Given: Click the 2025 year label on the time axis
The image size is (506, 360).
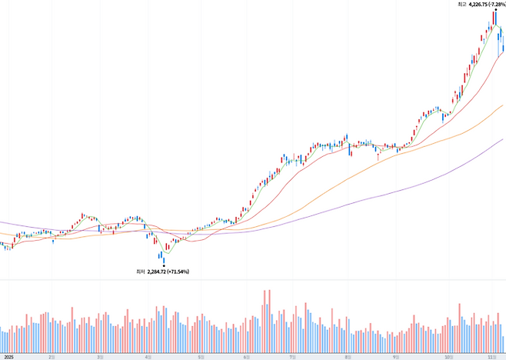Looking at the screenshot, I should coord(8,357).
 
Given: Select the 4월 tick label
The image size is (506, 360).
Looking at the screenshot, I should coord(148,357).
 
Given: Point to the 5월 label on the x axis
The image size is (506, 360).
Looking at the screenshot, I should coord(201,357).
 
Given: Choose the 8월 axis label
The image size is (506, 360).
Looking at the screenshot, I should coord(348,357).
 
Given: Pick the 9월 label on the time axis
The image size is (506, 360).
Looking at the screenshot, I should coord(394,357).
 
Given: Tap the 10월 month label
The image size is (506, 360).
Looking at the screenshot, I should coord(448,357).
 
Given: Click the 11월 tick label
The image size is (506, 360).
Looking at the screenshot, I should coord(492,357).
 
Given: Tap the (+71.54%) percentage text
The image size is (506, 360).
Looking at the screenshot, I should coord(178,272).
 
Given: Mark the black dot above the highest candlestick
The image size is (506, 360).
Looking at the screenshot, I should coord(494,8).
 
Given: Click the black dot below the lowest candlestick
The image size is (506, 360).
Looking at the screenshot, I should coord(163,265).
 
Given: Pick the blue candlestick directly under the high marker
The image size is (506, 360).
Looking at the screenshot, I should coord(494,18).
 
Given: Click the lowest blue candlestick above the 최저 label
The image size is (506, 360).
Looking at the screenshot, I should coord(163,257).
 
